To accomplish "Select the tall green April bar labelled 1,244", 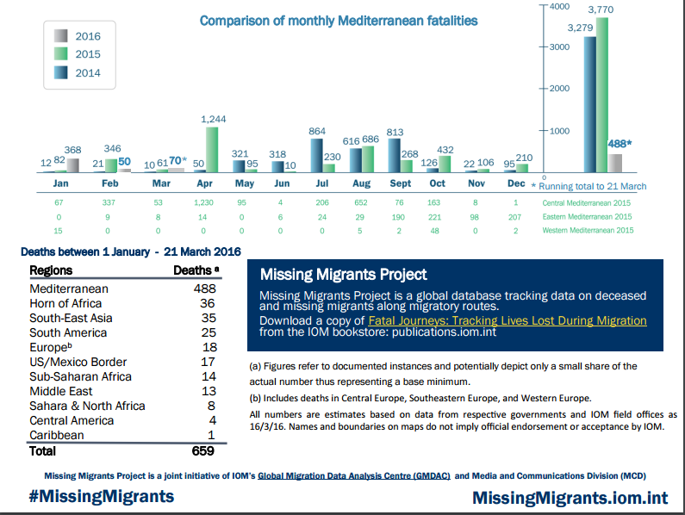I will pyautogui.click(x=212, y=149).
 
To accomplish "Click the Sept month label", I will pyautogui.click(x=400, y=184).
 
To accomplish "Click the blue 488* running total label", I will pyautogui.click(x=620, y=144).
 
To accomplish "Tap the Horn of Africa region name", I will pyautogui.click(x=65, y=303).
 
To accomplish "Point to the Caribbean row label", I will pyautogui.click(x=59, y=435).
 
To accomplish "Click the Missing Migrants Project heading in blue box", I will pyautogui.click(x=343, y=275).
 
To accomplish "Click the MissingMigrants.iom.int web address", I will pyautogui.click(x=570, y=498).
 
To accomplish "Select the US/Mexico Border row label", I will pyautogui.click(x=78, y=362).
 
